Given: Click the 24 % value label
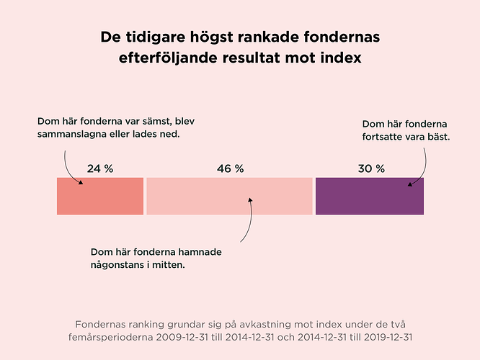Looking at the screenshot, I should click(x=100, y=168).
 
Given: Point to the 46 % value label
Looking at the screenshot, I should click(x=230, y=168).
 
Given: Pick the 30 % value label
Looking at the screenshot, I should click(x=371, y=168).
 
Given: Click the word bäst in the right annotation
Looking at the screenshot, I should click(x=437, y=137).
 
